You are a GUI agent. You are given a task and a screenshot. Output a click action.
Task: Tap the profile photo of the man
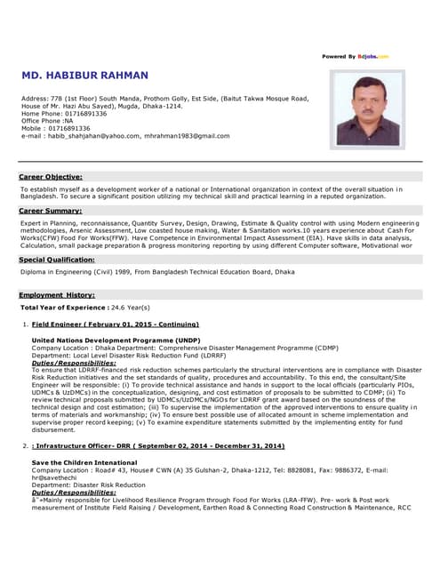367,108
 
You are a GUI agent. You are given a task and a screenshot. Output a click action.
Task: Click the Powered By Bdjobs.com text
356,56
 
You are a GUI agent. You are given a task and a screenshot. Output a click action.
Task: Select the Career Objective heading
51,177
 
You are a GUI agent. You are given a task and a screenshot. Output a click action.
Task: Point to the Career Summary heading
51,211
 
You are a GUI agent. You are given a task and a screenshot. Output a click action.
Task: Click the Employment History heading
57,294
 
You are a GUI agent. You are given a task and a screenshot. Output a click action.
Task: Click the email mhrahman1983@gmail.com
187,136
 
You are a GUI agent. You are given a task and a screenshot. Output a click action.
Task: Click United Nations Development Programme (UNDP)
116,341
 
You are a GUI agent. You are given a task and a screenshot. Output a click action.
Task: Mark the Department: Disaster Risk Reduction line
89,485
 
